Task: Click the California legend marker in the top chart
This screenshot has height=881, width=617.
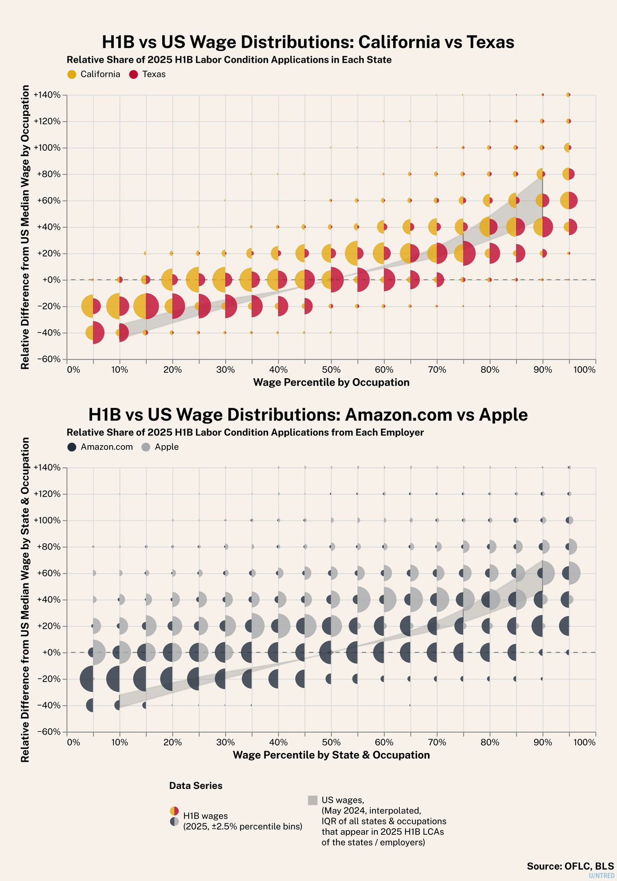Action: tap(71, 74)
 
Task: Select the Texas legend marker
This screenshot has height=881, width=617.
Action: tap(134, 74)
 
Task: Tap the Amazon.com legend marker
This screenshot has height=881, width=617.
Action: tap(71, 447)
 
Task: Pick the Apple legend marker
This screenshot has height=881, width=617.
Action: tap(146, 447)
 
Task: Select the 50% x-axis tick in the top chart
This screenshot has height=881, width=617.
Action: tap(331, 370)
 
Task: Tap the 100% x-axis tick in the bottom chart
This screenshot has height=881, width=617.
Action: tap(584, 742)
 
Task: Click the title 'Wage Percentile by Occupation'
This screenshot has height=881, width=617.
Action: tap(331, 382)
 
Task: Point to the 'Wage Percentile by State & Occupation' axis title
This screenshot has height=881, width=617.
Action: tap(331, 755)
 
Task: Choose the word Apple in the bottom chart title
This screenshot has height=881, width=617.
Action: tap(503, 415)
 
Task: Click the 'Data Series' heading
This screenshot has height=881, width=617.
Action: tap(195, 786)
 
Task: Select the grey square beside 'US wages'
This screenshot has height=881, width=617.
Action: tap(312, 800)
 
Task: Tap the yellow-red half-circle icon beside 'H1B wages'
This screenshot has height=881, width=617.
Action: tap(174, 811)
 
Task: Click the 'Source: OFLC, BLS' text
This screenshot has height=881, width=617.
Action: tap(570, 866)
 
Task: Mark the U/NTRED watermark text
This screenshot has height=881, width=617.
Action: tap(602, 875)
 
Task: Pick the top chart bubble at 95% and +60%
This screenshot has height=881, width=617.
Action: tap(568, 201)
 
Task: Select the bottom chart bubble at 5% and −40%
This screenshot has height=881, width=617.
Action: tap(91, 705)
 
